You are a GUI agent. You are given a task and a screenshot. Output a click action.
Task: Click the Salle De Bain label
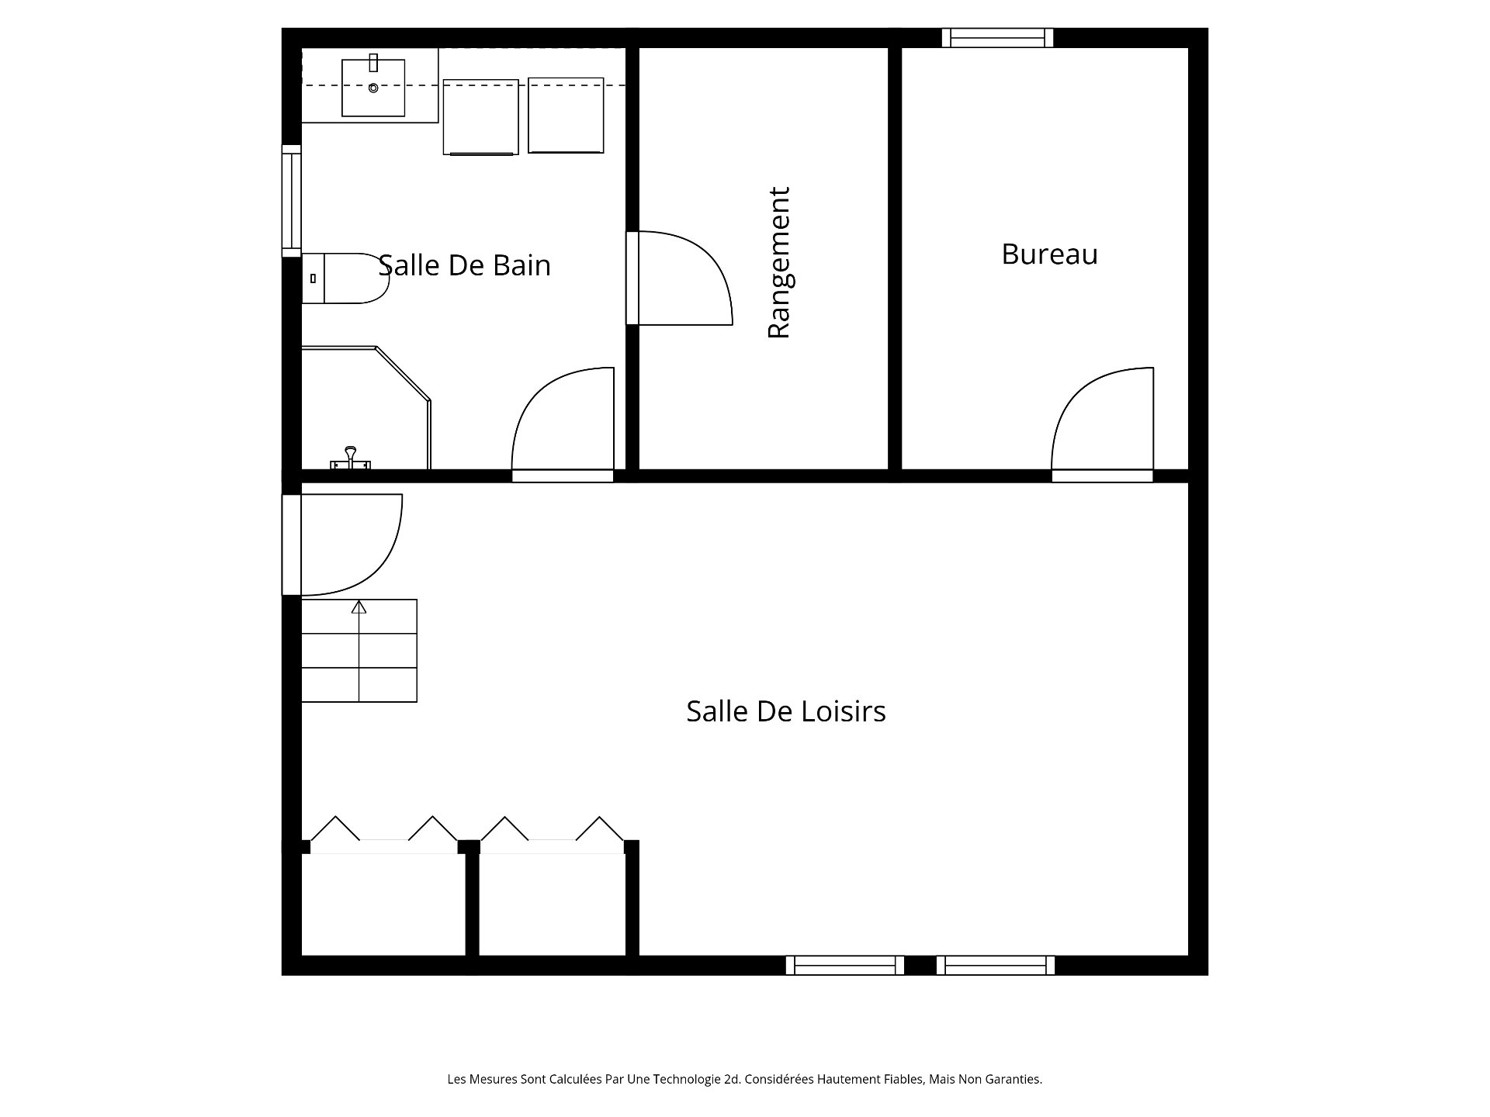[x=464, y=265]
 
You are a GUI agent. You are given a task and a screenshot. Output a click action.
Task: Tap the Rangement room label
[x=778, y=263]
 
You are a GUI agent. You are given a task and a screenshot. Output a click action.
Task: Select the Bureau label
[x=1049, y=254]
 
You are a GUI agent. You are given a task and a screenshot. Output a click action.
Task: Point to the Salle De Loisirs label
[x=785, y=711]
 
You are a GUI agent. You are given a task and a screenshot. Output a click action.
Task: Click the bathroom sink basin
[x=373, y=88]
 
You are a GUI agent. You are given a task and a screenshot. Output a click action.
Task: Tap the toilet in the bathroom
[x=345, y=278]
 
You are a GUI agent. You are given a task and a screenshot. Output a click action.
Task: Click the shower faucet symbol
[x=350, y=458]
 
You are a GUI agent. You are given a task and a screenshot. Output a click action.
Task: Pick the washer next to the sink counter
[x=480, y=116]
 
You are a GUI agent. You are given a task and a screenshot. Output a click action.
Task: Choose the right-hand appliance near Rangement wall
[x=566, y=115]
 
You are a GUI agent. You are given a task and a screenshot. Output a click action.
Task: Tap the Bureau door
[x=1102, y=423]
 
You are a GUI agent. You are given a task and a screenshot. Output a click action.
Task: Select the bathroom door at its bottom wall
[x=563, y=423]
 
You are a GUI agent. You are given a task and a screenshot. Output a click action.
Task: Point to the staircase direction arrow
[x=359, y=607]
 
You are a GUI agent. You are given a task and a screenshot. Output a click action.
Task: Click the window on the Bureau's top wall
[x=997, y=38]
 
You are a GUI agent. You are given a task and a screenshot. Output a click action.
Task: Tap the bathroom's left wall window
[x=291, y=200]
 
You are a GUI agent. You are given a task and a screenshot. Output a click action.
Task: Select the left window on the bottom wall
[x=844, y=965]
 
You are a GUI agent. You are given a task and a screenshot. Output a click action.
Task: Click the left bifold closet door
[x=383, y=836]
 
